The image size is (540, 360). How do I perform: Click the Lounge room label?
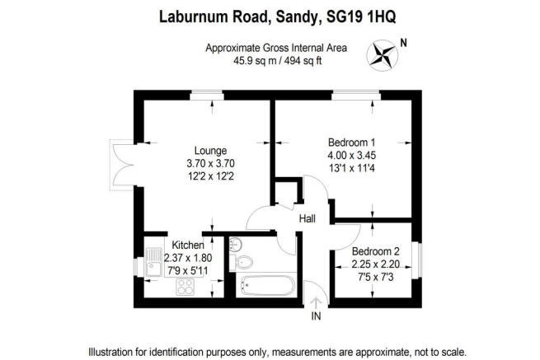coord(210,151)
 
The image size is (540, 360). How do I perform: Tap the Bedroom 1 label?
coord(352,143)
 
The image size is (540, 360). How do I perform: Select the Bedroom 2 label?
coord(375,251)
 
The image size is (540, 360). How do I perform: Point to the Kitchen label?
coord(188,245)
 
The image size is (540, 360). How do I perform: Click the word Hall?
coord(308,218)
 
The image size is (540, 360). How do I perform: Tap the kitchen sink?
coord(154,262)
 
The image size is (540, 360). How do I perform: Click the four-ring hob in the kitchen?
coord(185,287)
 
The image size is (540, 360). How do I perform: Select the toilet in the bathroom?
coord(242,263)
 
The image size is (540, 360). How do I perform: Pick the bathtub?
coord(268,285)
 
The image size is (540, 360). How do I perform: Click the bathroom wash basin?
coord(235,244)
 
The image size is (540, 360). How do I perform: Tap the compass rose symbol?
coord(383,55)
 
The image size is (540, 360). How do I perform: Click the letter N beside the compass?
coord(404,43)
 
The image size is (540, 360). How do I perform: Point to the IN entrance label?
coord(316,316)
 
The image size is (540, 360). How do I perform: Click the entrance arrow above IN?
coord(316,303)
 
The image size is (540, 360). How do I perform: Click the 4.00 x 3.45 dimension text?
coord(352,155)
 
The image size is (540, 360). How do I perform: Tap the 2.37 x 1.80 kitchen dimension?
coord(188,258)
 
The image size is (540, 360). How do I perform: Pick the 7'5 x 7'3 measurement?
coord(375,277)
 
